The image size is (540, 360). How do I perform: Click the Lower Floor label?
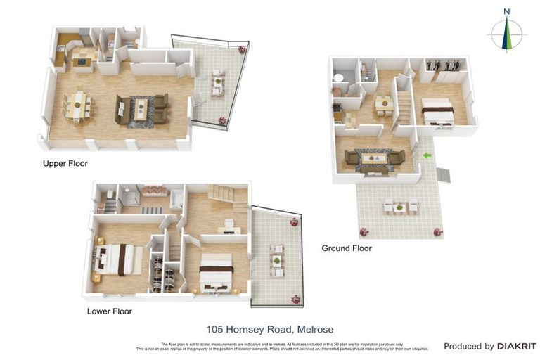click(109, 311)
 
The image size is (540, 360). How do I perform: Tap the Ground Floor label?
click(346, 248)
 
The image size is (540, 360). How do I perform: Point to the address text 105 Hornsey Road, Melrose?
click(270, 329)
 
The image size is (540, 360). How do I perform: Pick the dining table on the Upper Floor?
click(77, 105)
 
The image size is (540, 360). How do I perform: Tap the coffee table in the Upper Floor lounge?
click(141, 108)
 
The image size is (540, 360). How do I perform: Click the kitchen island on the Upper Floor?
click(83, 60)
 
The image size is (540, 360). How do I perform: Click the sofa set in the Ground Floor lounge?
click(373, 160)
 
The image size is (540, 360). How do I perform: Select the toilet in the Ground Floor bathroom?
click(338, 78)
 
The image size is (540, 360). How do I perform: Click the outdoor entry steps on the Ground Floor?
click(443, 174)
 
